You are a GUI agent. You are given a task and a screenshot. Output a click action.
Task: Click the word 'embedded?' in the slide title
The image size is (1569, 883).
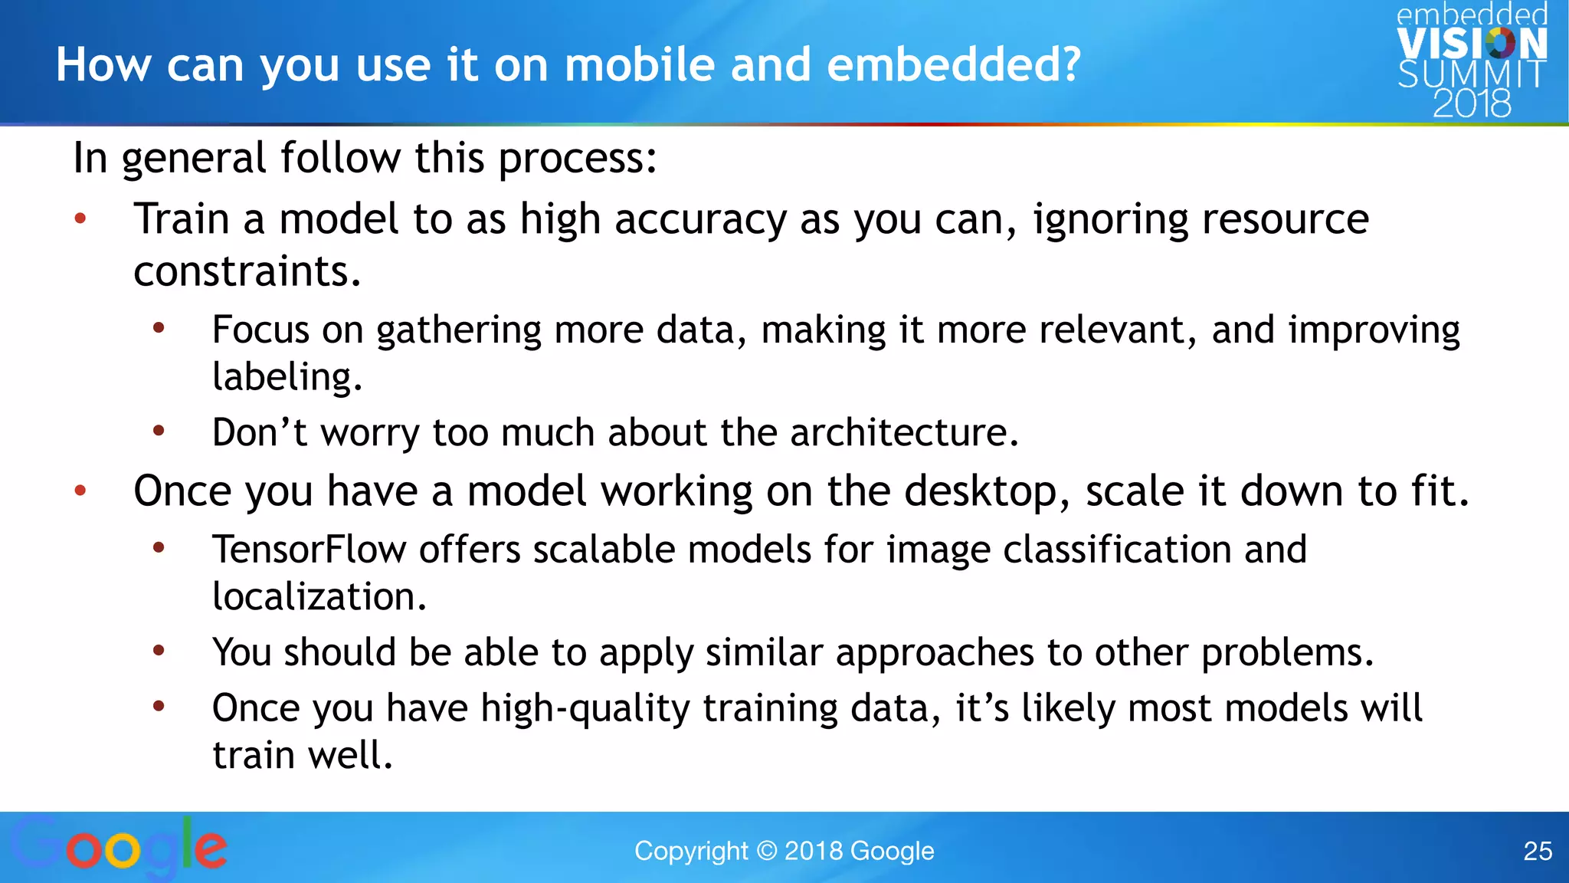point(954,64)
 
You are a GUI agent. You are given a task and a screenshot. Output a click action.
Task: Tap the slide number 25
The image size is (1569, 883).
point(1537,851)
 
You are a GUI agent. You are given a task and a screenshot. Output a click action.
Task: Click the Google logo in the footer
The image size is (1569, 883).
point(119,848)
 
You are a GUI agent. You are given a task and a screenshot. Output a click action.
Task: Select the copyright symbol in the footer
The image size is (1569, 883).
point(766,851)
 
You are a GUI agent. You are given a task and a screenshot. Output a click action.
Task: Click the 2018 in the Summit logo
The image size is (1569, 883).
point(1472,103)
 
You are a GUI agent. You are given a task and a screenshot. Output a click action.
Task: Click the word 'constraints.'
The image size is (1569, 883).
point(247,271)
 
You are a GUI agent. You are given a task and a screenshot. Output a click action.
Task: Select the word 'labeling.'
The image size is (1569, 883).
point(287,377)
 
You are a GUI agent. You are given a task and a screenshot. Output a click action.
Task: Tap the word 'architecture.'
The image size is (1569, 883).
point(905,432)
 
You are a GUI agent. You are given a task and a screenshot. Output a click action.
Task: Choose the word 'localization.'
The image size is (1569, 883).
point(319,596)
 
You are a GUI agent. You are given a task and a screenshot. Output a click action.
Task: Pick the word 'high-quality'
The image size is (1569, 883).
point(585,708)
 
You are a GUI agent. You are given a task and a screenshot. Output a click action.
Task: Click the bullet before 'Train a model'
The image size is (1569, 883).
point(80,220)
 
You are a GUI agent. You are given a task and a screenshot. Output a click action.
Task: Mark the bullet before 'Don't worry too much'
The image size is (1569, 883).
point(159,431)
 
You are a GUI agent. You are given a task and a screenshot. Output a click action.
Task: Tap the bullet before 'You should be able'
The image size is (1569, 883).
point(159,651)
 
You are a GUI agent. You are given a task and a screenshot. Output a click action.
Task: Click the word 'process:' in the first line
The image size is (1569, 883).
point(578,159)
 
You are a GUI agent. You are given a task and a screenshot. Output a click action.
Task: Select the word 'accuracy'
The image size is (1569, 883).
point(700,220)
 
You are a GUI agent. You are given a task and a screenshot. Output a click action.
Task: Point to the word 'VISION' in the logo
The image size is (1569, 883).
point(1472,44)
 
